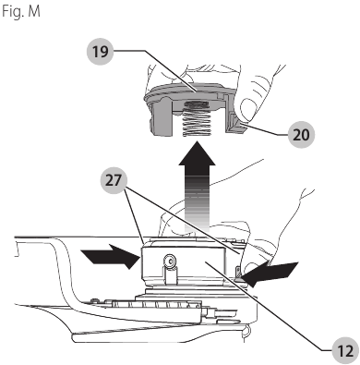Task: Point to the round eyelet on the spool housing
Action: pos(169,261)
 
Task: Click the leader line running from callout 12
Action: pos(277,314)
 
